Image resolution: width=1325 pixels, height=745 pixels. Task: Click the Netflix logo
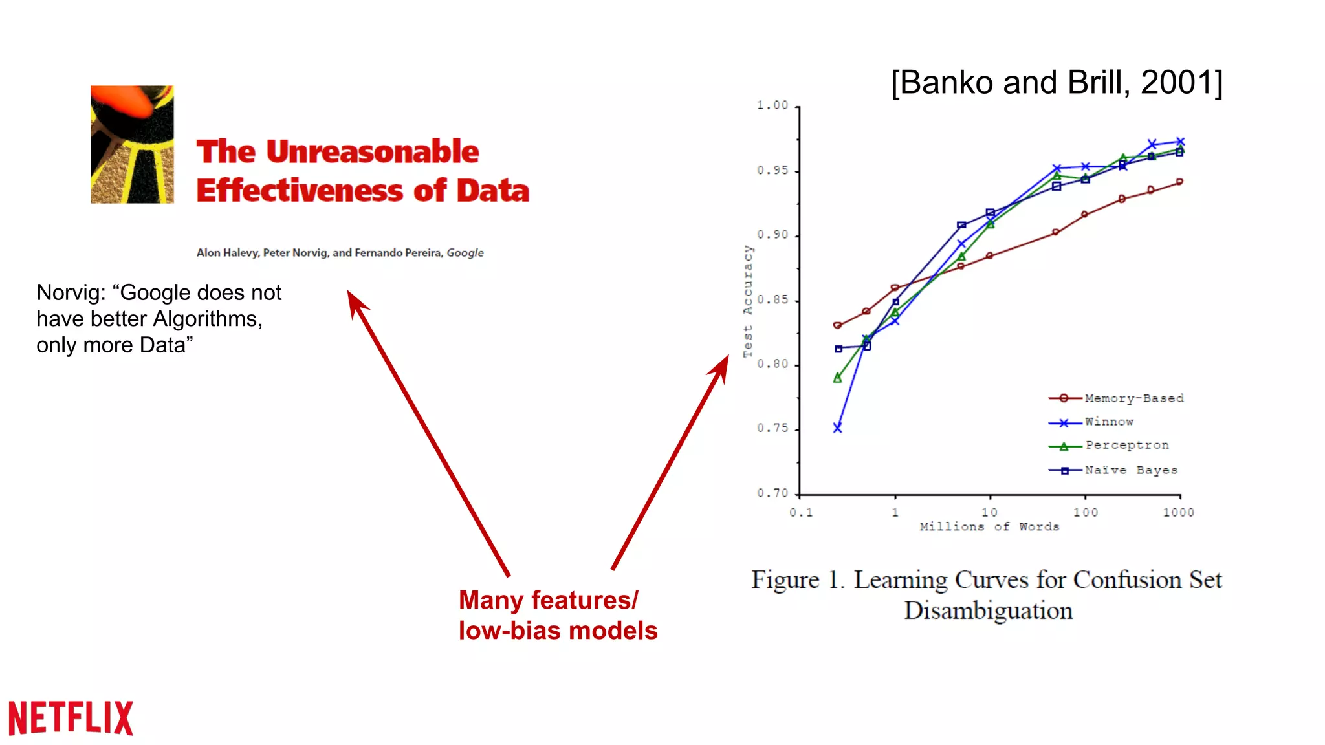coord(71,718)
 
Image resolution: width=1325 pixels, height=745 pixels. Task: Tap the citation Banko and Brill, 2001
coord(1057,83)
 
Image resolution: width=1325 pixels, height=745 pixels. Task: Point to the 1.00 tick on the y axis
coord(773,105)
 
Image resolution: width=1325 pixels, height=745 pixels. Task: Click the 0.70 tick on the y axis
coord(773,493)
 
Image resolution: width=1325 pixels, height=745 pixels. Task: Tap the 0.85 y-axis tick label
coord(773,300)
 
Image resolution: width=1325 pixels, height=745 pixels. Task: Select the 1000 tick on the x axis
coord(1178,512)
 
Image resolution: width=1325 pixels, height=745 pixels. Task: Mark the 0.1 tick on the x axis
coord(801,512)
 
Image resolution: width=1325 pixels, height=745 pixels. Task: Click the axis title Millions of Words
coord(989,527)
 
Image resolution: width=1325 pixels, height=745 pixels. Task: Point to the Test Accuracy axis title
coord(748,301)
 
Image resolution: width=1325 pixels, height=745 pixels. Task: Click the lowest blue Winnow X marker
coord(837,428)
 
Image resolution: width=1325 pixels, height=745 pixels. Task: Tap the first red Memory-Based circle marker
coord(837,325)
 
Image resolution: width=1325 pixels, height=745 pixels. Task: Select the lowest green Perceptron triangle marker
coord(837,378)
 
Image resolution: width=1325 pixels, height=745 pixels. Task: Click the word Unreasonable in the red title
coord(373,152)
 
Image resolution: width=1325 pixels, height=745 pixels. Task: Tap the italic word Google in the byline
coord(465,253)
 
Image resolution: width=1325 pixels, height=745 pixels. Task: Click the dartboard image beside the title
coord(132,145)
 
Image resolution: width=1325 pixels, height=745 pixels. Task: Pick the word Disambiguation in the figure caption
coord(988,610)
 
